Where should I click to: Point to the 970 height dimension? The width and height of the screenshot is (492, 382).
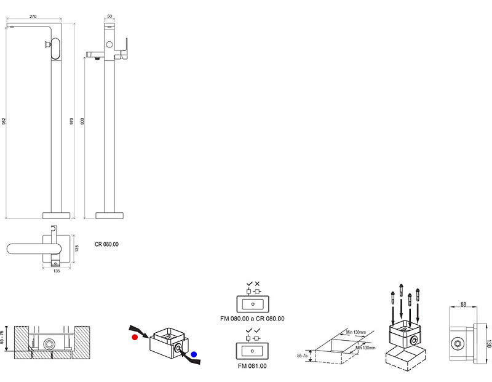72,121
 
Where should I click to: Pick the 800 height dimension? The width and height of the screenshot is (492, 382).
82,121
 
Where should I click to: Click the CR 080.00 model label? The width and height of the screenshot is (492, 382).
107,244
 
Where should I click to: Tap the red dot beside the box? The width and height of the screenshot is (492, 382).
134,338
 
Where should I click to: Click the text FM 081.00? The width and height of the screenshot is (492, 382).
253,366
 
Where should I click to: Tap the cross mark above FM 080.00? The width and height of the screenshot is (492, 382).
257,284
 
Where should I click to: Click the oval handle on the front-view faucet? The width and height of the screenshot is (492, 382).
57,47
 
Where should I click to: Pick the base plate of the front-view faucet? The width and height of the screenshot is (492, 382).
57,215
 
